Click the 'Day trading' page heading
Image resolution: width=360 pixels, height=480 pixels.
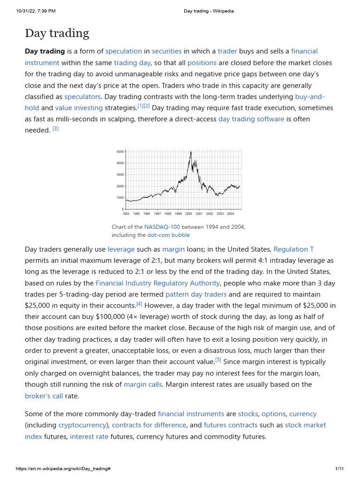tap(57, 33)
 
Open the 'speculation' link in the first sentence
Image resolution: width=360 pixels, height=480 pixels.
tap(123, 51)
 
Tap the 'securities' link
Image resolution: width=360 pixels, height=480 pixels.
tap(166, 51)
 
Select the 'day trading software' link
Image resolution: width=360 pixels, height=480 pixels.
tap(251, 119)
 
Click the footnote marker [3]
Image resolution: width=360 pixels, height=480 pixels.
tap(55, 129)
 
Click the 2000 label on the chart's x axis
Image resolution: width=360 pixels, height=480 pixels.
tap(188, 214)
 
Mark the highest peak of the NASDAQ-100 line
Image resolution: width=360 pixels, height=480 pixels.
tap(190, 152)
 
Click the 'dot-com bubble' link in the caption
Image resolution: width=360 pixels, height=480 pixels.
tap(168, 235)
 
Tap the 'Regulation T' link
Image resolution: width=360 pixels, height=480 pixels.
tap(293, 249)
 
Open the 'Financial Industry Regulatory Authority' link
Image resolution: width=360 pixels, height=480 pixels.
tap(157, 283)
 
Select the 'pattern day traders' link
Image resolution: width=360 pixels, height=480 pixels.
tap(196, 294)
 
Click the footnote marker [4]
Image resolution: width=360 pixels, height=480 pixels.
tap(139, 304)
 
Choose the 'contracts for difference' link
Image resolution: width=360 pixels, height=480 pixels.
tap(149, 425)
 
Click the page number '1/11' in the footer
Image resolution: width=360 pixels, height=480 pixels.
tap(340, 469)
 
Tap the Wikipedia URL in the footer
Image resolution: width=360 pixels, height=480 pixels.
tap(63, 469)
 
